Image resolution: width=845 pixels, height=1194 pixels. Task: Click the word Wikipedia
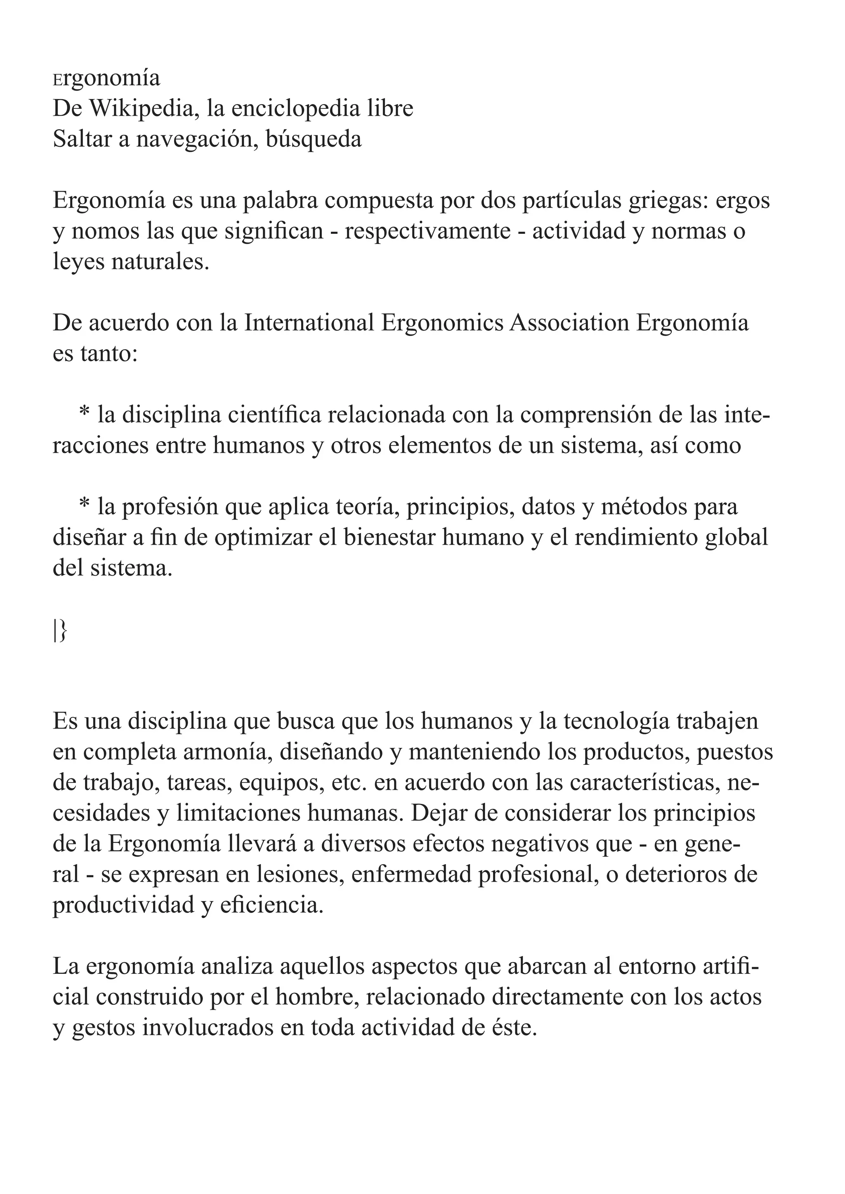[x=138, y=109]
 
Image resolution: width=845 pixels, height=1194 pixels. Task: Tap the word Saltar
[x=82, y=139]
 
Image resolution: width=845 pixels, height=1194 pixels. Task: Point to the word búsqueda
[x=313, y=139]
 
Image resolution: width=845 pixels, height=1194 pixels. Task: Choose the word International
[x=309, y=323]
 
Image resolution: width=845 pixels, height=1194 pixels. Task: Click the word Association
[x=569, y=323]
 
